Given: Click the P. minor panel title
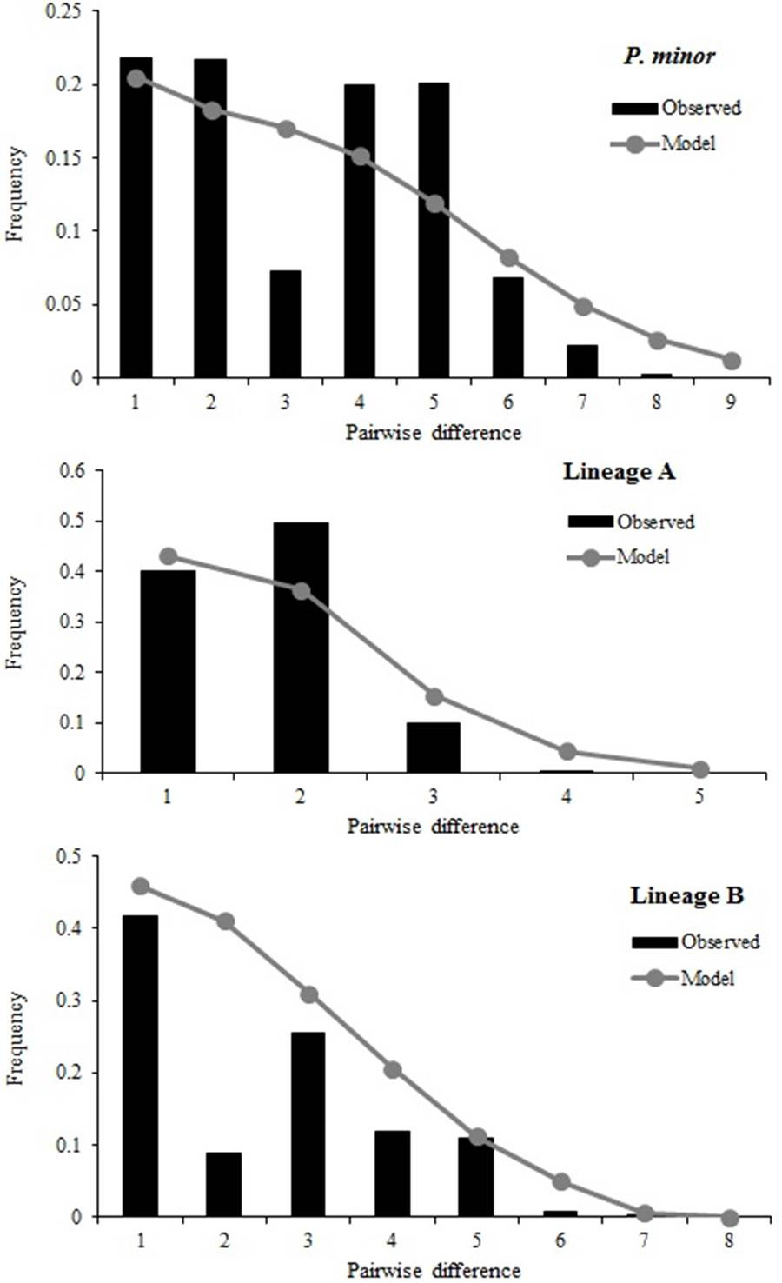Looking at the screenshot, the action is click(x=669, y=57).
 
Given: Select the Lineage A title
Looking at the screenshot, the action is click(x=620, y=472).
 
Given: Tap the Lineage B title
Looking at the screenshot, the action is click(x=687, y=896).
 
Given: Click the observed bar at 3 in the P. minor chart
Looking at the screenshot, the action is click(x=285, y=323).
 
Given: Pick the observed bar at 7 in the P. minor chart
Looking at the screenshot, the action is click(x=582, y=361).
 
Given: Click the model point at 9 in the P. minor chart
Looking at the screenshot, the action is click(x=731, y=361).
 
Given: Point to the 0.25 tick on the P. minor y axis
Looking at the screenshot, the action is click(x=63, y=12).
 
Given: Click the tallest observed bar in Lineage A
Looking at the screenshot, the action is click(x=302, y=648).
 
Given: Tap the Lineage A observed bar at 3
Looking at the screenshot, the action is click(x=434, y=748).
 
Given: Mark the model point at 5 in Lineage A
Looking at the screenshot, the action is click(x=700, y=769).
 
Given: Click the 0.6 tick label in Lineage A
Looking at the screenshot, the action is click(x=72, y=471).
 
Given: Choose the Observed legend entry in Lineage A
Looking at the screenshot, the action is click(x=631, y=522).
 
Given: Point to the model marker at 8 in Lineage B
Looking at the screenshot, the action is click(x=729, y=1217).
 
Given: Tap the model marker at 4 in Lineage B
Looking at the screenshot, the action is click(x=392, y=1069).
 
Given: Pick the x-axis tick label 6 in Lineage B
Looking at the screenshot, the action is click(x=560, y=1240).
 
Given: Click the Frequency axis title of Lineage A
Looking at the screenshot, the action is click(x=15, y=622).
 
